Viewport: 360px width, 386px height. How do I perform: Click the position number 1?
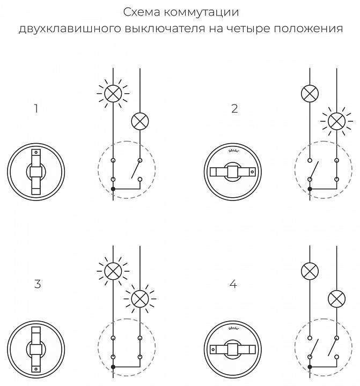click(36, 109)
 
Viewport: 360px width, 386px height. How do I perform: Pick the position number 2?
click(234, 109)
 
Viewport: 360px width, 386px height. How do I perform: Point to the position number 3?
click(37, 284)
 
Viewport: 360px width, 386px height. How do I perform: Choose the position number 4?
click(233, 284)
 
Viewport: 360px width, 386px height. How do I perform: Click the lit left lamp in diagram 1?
click(113, 94)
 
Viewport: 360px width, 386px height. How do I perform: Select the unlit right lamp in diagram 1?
click(140, 122)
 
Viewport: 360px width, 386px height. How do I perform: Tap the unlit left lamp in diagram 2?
click(310, 94)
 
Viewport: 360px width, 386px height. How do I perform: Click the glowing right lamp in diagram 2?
click(336, 122)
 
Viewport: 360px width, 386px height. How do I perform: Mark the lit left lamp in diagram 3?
click(113, 269)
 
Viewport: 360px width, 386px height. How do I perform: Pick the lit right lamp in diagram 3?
click(140, 297)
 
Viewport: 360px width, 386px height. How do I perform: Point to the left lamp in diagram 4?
click(310, 269)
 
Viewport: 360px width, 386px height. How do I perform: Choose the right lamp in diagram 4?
click(336, 297)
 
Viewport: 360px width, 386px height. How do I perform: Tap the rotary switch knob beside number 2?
click(232, 172)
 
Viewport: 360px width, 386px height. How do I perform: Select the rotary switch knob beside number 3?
click(36, 348)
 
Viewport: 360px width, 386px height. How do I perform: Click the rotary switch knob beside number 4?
click(232, 348)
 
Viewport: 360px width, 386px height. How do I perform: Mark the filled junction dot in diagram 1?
click(113, 189)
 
